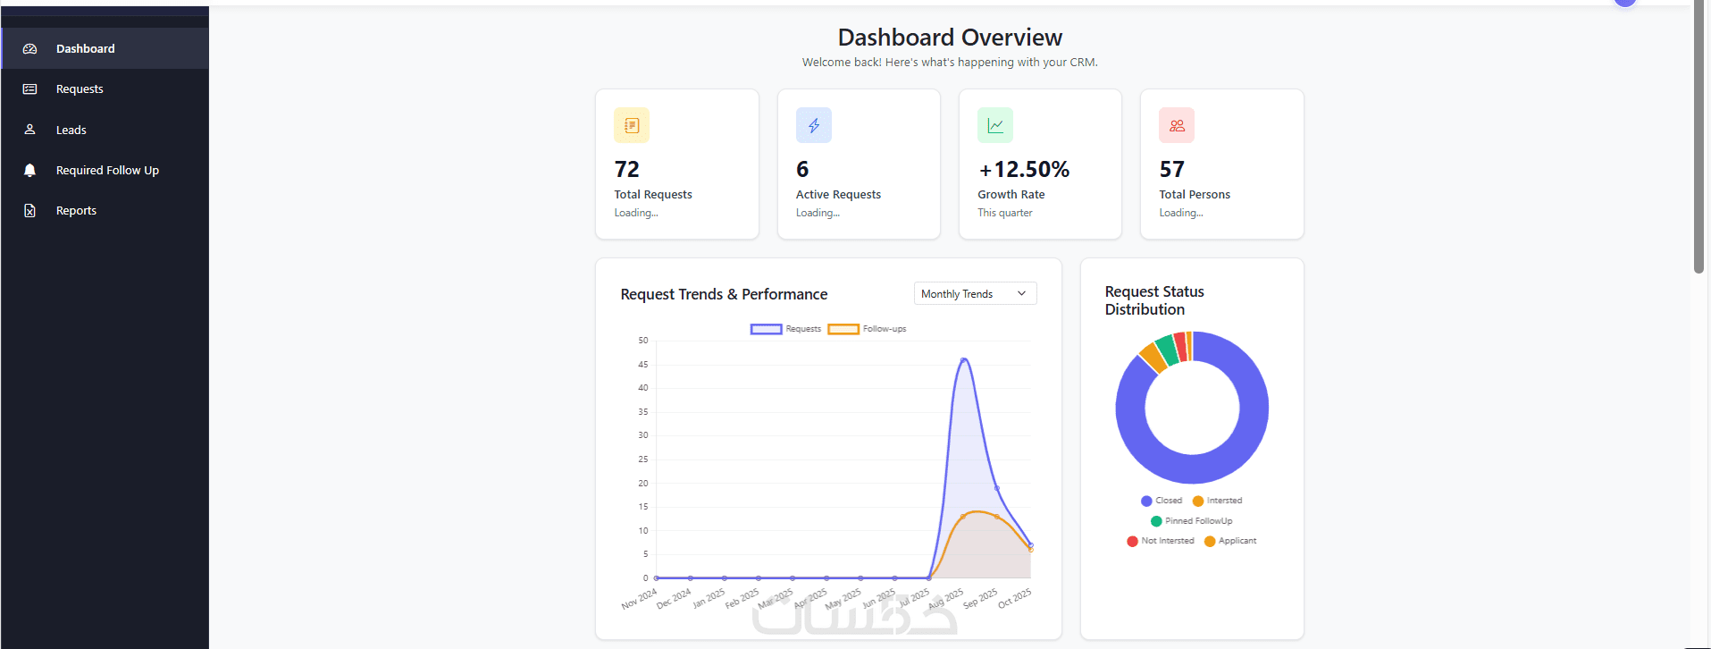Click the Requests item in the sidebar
pos(80,89)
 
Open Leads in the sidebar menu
pos(71,130)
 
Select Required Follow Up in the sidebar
pos(107,170)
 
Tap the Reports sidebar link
pos(76,211)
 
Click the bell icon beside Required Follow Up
pos(29,170)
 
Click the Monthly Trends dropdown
pos(974,293)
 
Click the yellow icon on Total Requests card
pos(632,125)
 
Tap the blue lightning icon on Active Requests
pos(813,125)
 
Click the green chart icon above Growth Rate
pos(994,125)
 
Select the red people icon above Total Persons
pos(1176,125)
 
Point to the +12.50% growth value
pos(1023,169)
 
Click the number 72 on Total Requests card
pos(627,169)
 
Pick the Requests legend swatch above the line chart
pos(766,329)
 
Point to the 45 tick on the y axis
pos(643,365)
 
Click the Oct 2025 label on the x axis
pos(1014,598)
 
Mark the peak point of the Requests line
pos(963,360)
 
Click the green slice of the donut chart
pos(1166,350)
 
